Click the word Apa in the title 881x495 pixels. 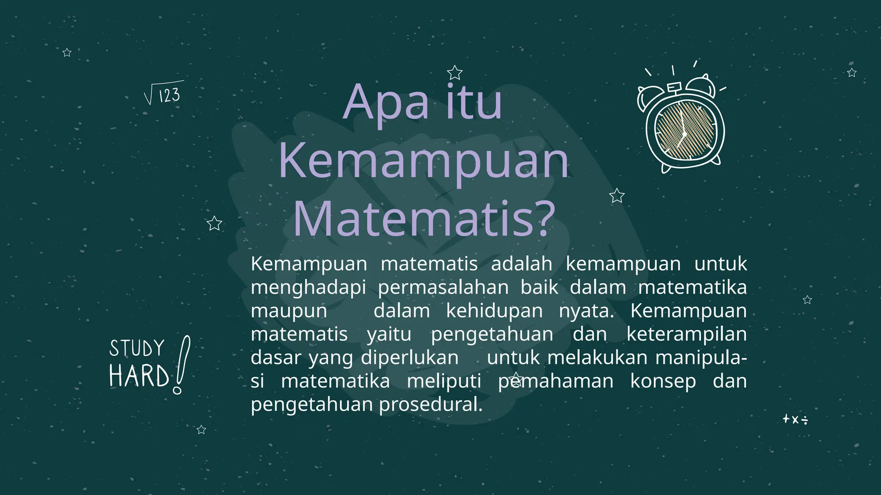click(386, 103)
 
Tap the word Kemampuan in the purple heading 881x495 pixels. click(424, 161)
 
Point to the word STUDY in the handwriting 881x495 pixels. click(137, 348)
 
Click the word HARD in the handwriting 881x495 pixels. click(139, 376)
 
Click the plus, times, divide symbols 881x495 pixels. click(795, 419)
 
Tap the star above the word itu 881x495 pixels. click(454, 73)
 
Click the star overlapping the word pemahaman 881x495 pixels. click(516, 379)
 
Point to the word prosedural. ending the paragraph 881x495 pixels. click(431, 404)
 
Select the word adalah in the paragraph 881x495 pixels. click(521, 263)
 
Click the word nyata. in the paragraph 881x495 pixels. click(586, 311)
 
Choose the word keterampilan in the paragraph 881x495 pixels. click(687, 334)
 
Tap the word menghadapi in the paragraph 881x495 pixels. click(308, 287)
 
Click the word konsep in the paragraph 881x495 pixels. click(663, 381)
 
